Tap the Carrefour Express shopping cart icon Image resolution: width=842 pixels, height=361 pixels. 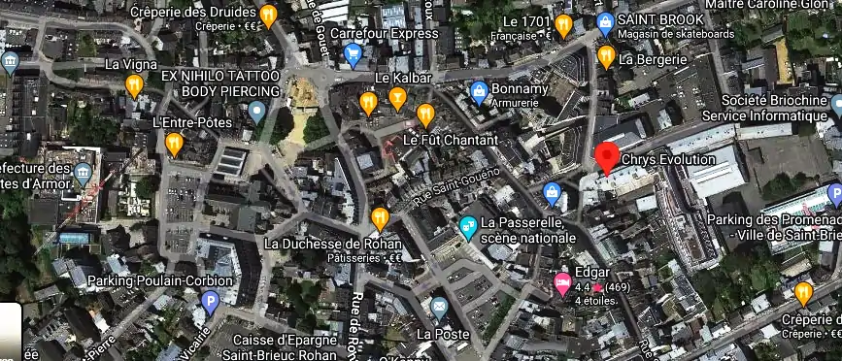tap(353, 54)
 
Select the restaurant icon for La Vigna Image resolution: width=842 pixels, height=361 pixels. tap(134, 85)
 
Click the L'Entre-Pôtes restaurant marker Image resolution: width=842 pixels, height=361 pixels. tap(174, 145)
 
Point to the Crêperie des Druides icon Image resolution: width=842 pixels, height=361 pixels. tap(269, 14)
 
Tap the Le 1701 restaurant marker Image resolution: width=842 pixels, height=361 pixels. tap(564, 24)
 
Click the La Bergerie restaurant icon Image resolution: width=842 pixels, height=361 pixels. tap(606, 57)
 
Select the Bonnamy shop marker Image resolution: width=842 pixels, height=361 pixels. tap(478, 91)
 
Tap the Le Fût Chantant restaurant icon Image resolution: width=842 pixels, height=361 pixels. tap(425, 115)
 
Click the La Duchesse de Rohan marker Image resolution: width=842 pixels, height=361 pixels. tap(380, 218)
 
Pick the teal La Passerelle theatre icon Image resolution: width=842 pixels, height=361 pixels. tap(468, 228)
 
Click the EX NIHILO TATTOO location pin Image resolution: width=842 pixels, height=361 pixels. tap(256, 112)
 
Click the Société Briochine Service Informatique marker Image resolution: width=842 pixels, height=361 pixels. tap(837, 105)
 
